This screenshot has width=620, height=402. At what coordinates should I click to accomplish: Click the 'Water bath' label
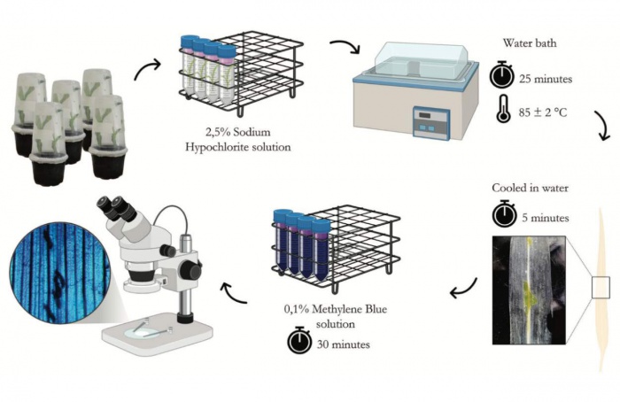tap(530, 43)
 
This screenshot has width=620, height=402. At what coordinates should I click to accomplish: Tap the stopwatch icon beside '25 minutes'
tap(502, 75)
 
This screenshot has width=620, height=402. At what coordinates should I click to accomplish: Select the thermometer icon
tap(503, 109)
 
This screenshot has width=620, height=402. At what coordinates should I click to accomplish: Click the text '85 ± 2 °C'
tap(543, 112)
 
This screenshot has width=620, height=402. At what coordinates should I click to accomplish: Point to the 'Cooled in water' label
tap(530, 188)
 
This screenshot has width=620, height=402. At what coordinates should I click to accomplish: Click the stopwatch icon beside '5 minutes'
tap(505, 214)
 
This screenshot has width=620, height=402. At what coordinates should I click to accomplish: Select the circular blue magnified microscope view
tap(59, 273)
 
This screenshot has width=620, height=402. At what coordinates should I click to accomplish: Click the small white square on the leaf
tap(601, 288)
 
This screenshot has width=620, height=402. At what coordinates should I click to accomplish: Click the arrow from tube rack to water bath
tap(346, 45)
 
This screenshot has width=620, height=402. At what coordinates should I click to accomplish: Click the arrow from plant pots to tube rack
tap(148, 68)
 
